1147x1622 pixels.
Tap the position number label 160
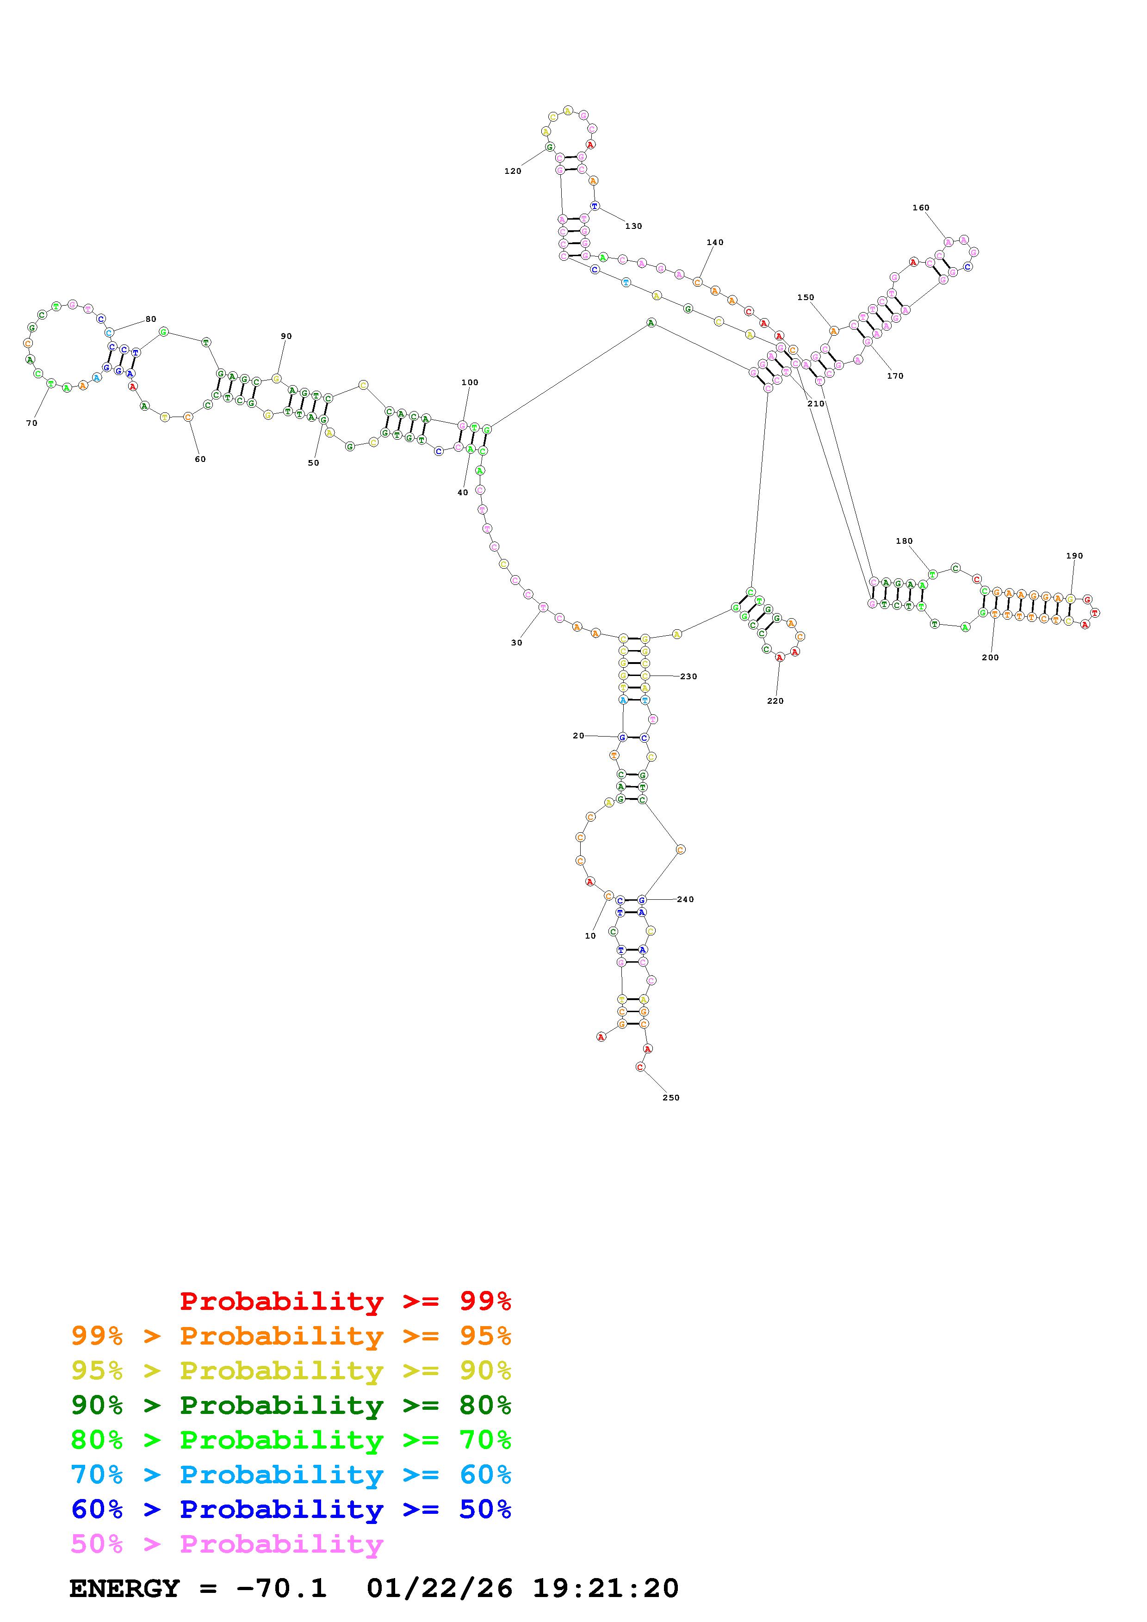[920, 208]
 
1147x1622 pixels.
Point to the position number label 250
[671, 1098]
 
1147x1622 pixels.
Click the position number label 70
[32, 423]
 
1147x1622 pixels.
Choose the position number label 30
[517, 643]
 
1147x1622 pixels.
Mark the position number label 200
[990, 657]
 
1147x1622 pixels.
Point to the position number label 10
[590, 936]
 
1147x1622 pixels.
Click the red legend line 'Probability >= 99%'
[346, 1301]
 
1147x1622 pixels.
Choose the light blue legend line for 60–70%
[291, 1475]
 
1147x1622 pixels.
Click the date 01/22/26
[440, 1588]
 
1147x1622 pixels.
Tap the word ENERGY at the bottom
[124, 1588]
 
